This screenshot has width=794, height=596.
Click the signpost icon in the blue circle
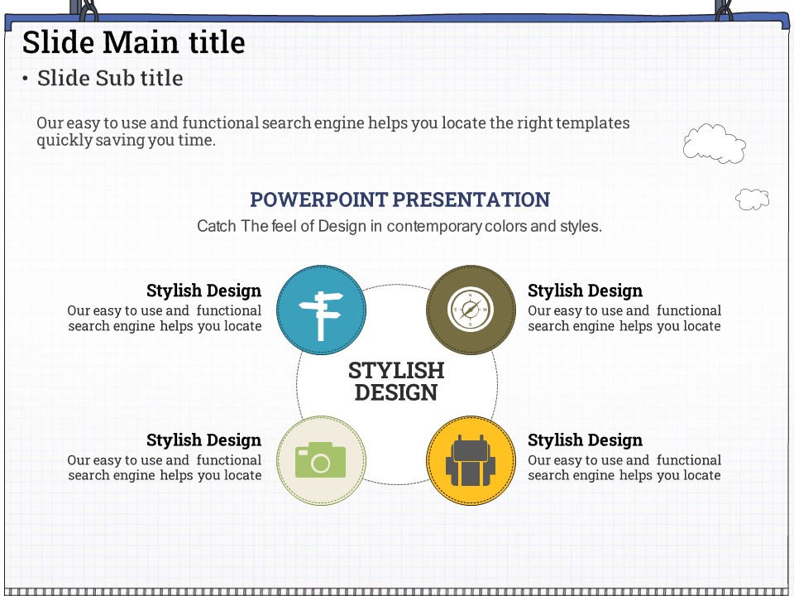point(321,315)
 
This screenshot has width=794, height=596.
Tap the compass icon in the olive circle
point(471,310)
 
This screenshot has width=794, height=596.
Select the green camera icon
point(321,459)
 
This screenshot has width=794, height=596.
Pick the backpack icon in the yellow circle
point(471,460)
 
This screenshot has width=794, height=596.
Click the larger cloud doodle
point(714,143)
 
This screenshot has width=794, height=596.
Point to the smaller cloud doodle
point(753,199)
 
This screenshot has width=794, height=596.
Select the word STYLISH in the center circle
point(396,371)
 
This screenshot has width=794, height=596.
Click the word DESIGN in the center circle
point(396,392)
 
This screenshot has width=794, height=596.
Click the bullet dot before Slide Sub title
point(25,79)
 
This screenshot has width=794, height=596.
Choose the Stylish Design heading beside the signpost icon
point(204,291)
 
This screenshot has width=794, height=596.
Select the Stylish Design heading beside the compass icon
point(585,291)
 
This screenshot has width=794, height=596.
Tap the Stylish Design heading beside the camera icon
point(204,440)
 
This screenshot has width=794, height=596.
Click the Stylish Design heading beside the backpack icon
point(585,440)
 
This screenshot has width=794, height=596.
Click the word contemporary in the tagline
point(434,226)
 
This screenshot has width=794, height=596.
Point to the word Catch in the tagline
point(217,226)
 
